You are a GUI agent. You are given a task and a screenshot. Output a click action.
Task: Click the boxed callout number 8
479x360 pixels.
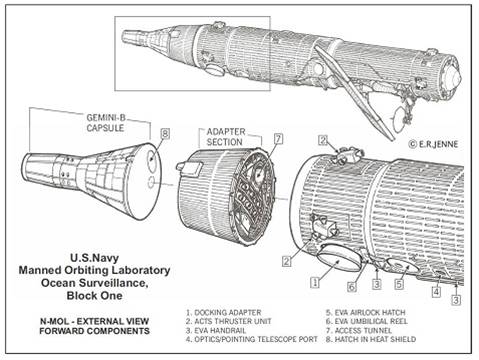165,134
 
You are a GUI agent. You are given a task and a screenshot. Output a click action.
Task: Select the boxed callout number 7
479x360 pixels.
278,139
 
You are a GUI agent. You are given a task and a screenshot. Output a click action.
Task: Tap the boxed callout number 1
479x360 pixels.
315,282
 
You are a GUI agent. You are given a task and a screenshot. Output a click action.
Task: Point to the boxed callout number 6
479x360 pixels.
352,287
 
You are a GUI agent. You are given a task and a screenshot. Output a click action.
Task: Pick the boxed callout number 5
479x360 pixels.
399,284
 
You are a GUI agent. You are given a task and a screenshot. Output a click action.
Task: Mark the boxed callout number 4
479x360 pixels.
436,292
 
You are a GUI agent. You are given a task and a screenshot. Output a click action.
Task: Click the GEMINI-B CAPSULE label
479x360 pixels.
106,123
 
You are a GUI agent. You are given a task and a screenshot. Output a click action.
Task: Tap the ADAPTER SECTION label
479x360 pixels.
226,137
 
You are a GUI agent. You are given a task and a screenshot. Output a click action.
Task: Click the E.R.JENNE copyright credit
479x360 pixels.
433,144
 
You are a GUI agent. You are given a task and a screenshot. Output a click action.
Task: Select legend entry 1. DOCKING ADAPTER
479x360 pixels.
224,313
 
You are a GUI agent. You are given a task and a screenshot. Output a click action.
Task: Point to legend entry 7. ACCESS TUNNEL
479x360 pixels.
359,330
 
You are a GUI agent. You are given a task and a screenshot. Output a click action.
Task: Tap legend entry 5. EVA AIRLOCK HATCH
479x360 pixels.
365,313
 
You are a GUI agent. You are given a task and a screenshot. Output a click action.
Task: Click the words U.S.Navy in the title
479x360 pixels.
94,258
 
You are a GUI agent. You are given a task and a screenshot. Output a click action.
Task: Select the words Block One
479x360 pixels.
94,295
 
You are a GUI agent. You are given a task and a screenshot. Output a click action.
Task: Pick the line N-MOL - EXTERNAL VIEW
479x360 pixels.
94,321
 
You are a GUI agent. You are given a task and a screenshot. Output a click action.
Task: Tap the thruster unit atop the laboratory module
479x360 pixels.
348,154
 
